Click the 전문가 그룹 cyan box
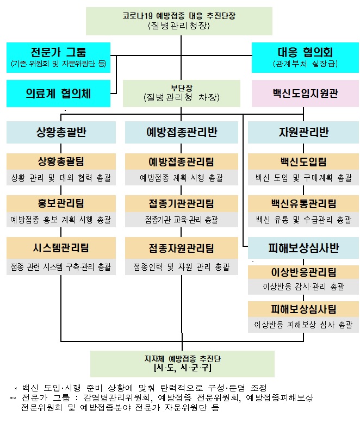pos(59,58)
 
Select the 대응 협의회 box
pos(305,58)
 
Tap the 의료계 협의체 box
pos(59,94)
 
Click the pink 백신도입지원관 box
pos(305,94)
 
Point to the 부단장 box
pos(181,93)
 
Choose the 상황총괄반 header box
pos(61,132)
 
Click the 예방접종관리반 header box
pos(181,132)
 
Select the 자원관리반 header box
pos(303,132)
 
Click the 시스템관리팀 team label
pos(61,247)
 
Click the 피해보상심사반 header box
pos(303,248)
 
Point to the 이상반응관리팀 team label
pos(303,272)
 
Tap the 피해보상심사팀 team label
pos(303,309)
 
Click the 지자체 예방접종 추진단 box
pos(182,363)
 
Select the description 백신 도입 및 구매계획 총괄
pos(303,178)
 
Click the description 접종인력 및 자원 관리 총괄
pos(181,267)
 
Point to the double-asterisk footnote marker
pos(13,398)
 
